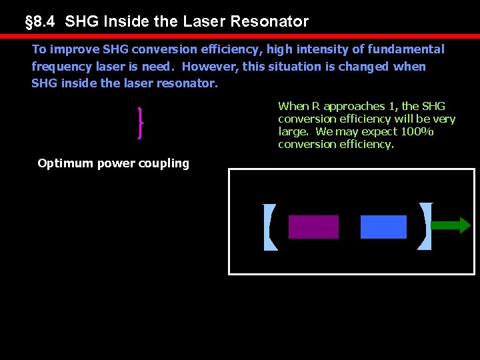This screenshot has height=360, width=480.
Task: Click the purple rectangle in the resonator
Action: point(313,227)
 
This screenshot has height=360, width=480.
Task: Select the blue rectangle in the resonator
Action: point(383,227)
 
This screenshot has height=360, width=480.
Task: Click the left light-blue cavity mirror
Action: point(269,227)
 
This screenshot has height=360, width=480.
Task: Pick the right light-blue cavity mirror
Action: point(425,227)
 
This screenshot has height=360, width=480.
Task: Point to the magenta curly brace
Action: point(140,123)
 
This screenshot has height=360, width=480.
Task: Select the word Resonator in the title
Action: point(269,21)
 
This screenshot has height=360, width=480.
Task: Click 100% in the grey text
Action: point(417,131)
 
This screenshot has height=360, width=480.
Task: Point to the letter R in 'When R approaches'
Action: point(317,106)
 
